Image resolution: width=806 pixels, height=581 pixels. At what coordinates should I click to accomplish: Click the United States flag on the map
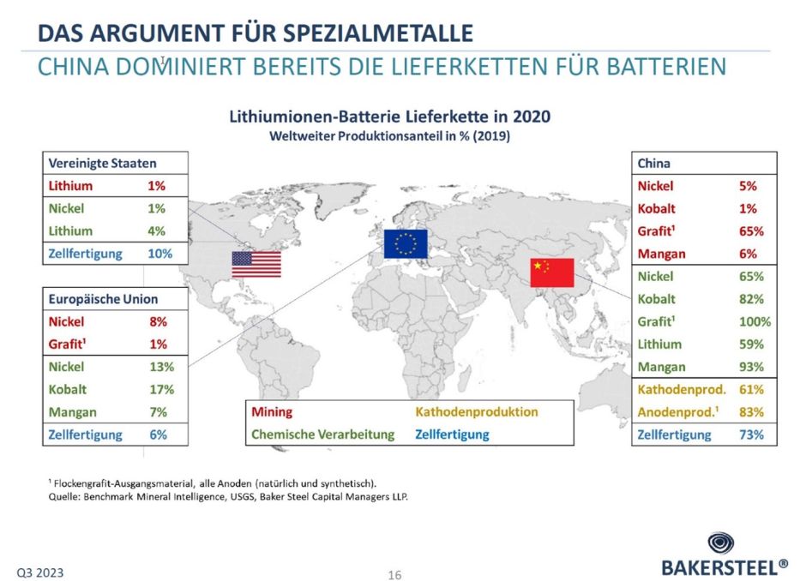[x=256, y=263]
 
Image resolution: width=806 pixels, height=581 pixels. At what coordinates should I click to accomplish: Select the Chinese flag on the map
[x=551, y=273]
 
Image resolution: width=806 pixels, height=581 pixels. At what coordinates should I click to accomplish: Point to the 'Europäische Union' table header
[x=104, y=300]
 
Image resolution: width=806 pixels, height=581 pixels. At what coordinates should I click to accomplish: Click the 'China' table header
[x=653, y=163]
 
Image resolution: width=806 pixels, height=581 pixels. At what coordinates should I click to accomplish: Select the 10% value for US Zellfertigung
[x=159, y=254]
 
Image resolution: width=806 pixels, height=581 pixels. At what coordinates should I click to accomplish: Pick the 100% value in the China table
[x=755, y=322]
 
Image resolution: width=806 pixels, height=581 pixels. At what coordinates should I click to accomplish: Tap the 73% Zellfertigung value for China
[x=751, y=434]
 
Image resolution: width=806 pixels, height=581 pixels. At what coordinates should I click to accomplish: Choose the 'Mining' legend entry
[x=272, y=412]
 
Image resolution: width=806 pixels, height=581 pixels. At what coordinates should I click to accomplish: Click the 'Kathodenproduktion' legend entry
[x=477, y=412]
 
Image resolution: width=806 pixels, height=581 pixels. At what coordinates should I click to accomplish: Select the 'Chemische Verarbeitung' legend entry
[x=322, y=434]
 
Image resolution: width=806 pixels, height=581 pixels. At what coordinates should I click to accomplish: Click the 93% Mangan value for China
[x=751, y=367]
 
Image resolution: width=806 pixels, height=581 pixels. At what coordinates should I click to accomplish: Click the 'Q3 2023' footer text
[x=40, y=572]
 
